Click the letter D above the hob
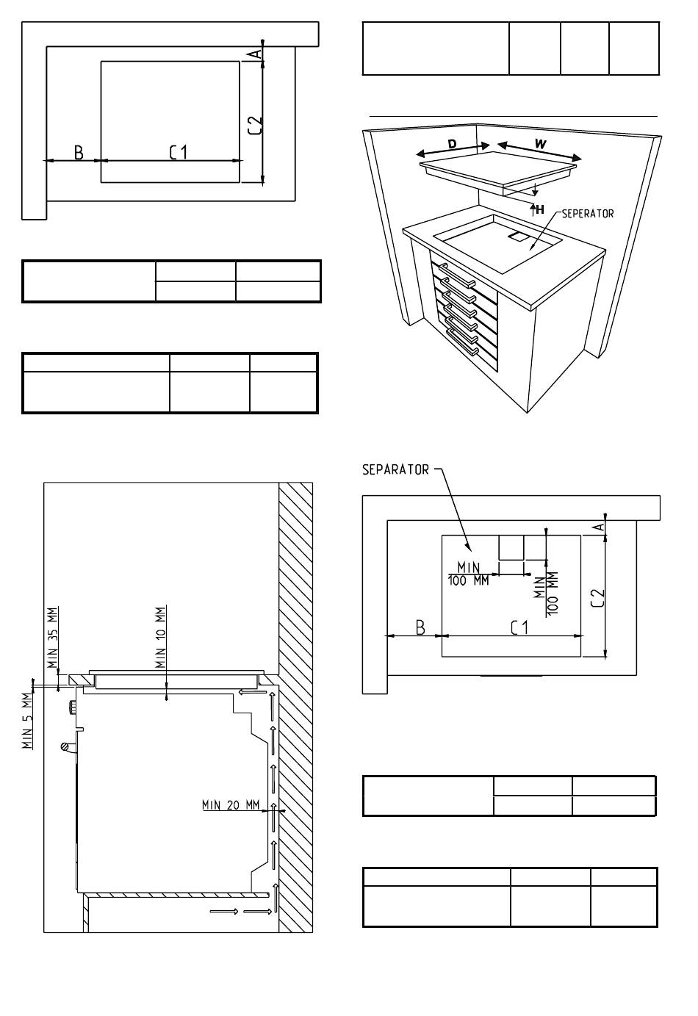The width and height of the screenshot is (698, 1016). point(452,144)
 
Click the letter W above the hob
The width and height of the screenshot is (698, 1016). point(540,144)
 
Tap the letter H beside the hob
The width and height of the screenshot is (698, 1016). point(539,209)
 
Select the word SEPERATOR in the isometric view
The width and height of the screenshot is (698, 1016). point(587,213)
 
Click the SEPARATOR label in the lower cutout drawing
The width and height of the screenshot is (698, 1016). point(395,469)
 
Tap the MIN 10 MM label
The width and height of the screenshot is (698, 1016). point(161,638)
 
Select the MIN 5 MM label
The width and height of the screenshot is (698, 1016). point(27,721)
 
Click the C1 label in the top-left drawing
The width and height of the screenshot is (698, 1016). point(179,152)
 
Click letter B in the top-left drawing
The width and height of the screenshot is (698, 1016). point(79,152)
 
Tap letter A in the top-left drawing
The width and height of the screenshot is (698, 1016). point(256,54)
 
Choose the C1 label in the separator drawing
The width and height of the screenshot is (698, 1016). point(519,627)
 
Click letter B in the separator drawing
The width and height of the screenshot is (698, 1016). point(420,627)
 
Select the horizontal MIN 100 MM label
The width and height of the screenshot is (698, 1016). point(469,574)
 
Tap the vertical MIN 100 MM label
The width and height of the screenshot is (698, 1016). point(546,594)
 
